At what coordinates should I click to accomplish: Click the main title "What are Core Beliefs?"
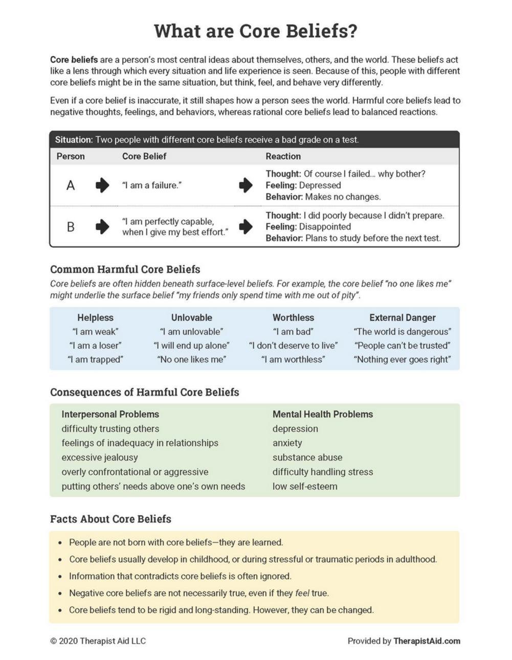tap(255, 31)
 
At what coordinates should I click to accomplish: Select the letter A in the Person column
tap(71, 185)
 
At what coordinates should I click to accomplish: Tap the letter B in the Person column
tap(71, 227)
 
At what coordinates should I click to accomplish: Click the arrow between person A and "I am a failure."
tap(102, 185)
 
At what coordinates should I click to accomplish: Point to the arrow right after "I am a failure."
tap(246, 185)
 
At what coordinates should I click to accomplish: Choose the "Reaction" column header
tap(283, 156)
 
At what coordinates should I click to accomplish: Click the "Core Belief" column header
tap(144, 156)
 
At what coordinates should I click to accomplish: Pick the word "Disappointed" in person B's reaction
tap(325, 227)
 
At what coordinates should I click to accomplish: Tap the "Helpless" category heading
tap(95, 317)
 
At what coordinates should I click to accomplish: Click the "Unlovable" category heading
tap(191, 317)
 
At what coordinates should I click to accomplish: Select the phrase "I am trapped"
tap(95, 359)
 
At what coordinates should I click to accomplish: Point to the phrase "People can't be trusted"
tap(402, 346)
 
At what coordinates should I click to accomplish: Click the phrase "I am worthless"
tap(293, 359)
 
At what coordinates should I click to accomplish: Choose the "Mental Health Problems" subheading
tap(322, 414)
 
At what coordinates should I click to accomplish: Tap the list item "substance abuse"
tap(307, 457)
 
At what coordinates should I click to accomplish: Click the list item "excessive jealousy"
tap(100, 457)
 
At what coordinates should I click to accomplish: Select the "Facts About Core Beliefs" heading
tap(110, 519)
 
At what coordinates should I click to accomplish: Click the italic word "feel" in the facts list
tap(302, 593)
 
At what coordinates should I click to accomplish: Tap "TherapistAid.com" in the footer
tap(427, 641)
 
